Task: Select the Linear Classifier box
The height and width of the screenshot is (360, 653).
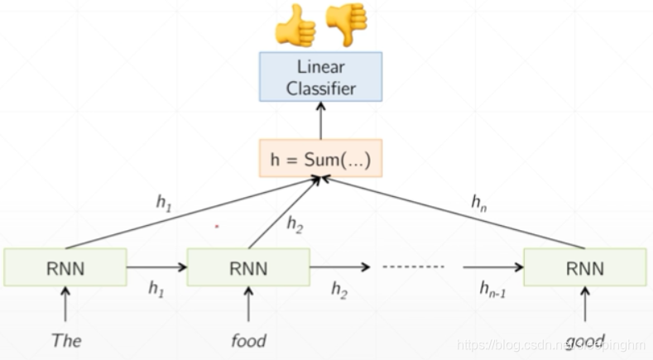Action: click(321, 76)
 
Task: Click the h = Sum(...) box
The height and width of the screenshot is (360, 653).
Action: click(321, 158)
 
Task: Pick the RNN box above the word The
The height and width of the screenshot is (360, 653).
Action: click(65, 267)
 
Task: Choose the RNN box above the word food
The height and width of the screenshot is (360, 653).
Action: click(248, 267)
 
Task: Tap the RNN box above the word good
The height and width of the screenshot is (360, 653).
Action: click(586, 267)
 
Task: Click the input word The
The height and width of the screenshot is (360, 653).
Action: click(65, 338)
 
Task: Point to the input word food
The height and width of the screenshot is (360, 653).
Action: click(248, 338)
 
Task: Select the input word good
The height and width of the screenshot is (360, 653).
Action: click(584, 338)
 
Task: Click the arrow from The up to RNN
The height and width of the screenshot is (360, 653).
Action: click(65, 306)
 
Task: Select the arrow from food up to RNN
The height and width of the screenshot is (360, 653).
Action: click(248, 306)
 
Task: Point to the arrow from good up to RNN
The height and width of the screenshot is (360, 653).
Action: click(586, 306)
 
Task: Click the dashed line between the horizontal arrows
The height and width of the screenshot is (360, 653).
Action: click(412, 267)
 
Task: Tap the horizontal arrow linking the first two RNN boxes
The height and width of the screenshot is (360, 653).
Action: click(156, 267)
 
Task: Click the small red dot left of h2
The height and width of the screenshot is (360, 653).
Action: click(217, 224)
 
